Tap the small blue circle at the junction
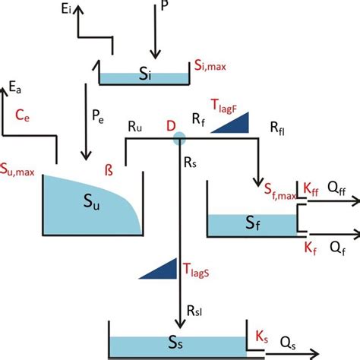pos(179,138)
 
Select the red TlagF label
pos(223,106)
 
